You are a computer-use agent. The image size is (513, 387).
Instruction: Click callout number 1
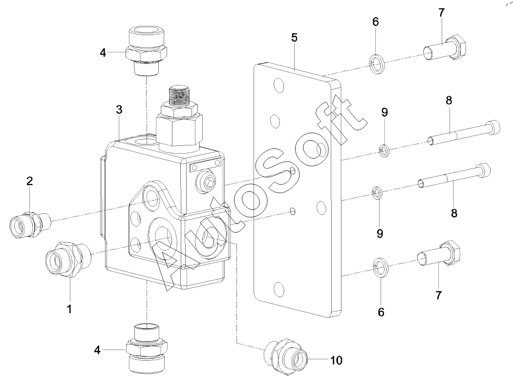(x=69, y=308)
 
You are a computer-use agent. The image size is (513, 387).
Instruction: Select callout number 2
(x=29, y=182)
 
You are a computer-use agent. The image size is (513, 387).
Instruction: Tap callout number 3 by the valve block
(x=119, y=110)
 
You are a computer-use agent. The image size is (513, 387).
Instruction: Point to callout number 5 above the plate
(x=294, y=38)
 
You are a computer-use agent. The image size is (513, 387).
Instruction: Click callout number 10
(x=336, y=361)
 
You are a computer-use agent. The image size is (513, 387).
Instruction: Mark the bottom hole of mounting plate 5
(x=280, y=287)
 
